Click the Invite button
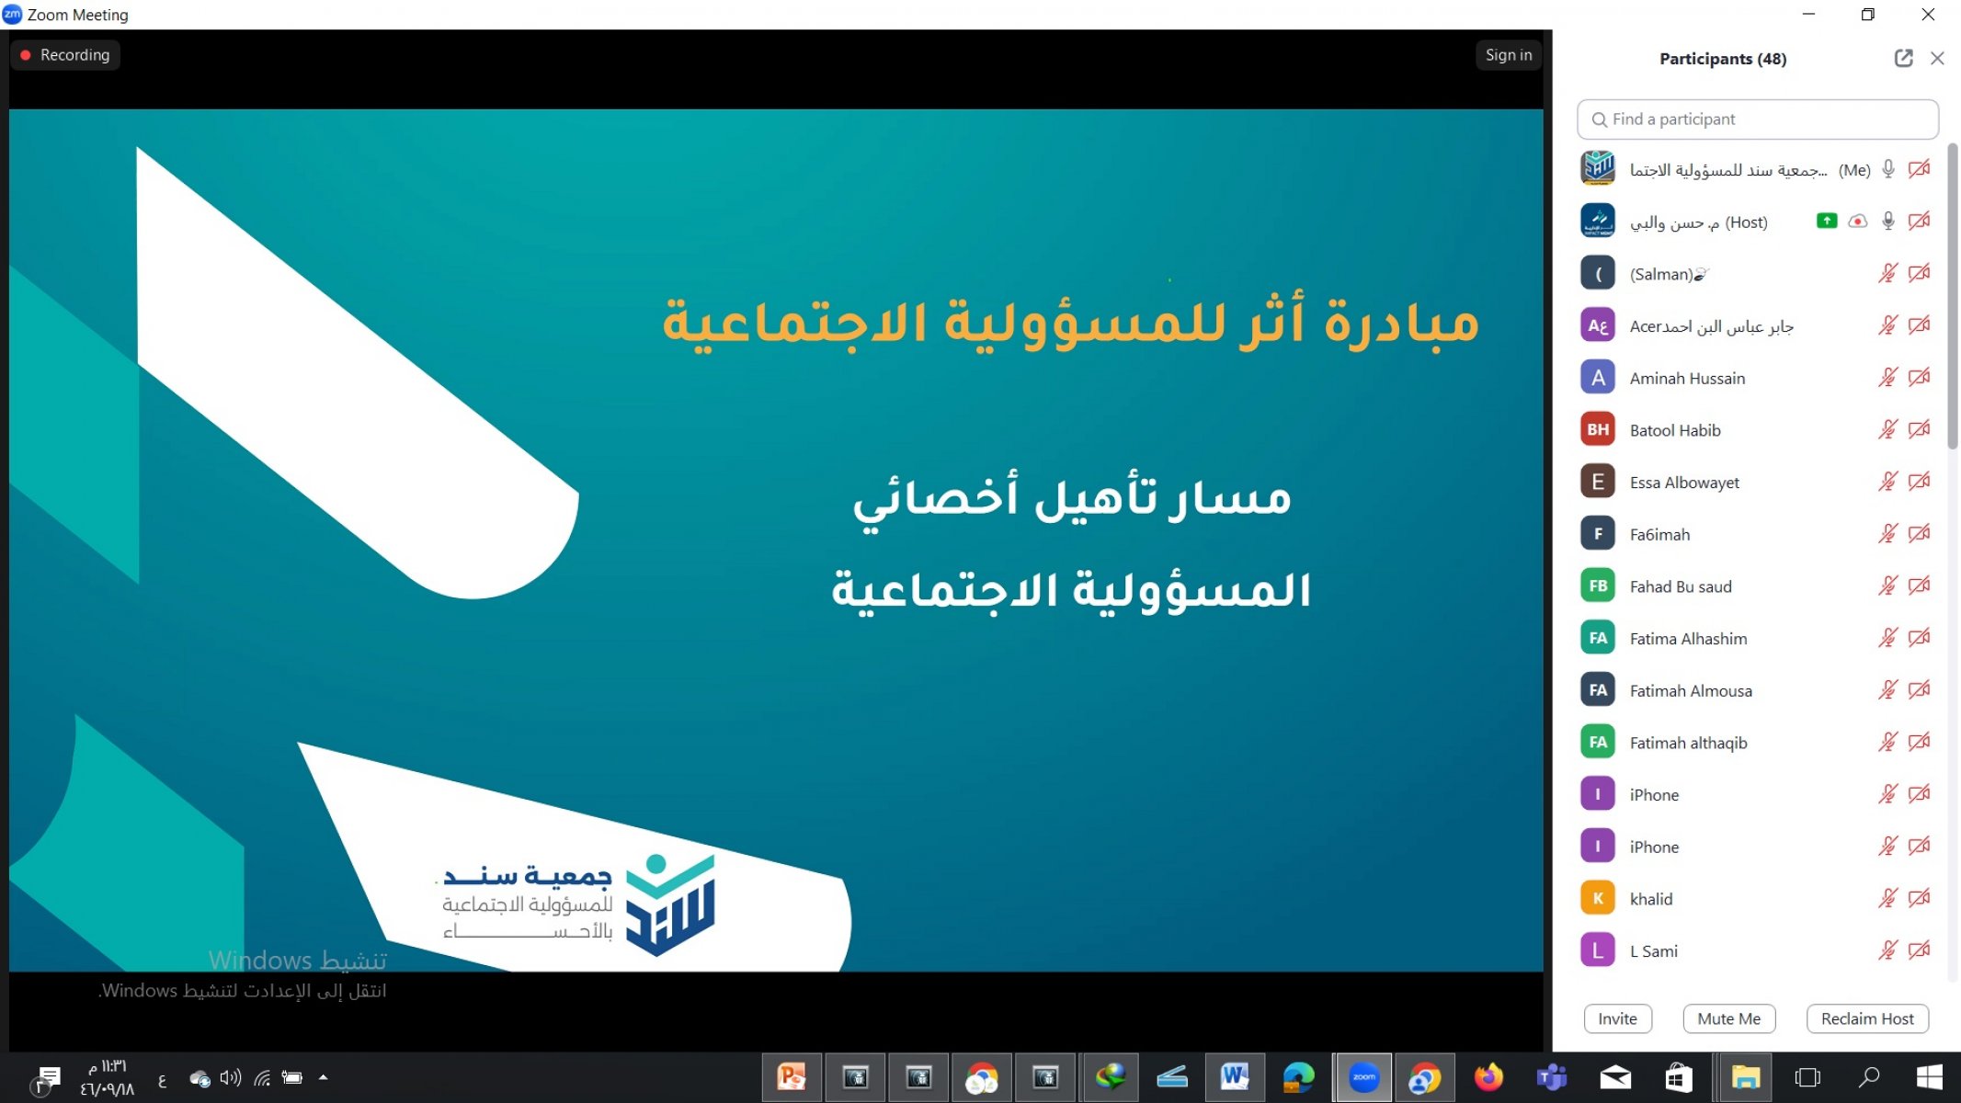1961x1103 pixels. pos(1617,1018)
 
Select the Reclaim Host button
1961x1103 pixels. pos(1867,1018)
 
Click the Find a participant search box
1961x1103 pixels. pos(1757,119)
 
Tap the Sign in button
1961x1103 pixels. pos(1509,55)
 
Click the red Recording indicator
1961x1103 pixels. pos(65,55)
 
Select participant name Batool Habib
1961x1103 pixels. pos(1675,430)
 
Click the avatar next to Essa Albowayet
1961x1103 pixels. pos(1598,482)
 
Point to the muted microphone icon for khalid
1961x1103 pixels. pos(1887,898)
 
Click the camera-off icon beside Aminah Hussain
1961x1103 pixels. pos(1919,377)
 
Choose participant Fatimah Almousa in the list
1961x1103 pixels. pos(1691,690)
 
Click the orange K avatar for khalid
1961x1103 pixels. pos(1598,898)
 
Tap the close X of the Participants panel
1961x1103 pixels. pos(1937,59)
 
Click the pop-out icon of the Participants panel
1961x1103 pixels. pos(1903,59)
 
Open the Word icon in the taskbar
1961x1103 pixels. pos(1234,1077)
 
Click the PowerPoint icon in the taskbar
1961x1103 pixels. pos(792,1077)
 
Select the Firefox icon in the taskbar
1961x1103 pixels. pos(1488,1077)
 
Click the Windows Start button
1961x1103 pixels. pos(1929,1077)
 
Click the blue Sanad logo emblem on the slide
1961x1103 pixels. pos(670,904)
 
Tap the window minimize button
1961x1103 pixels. pos(1808,15)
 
